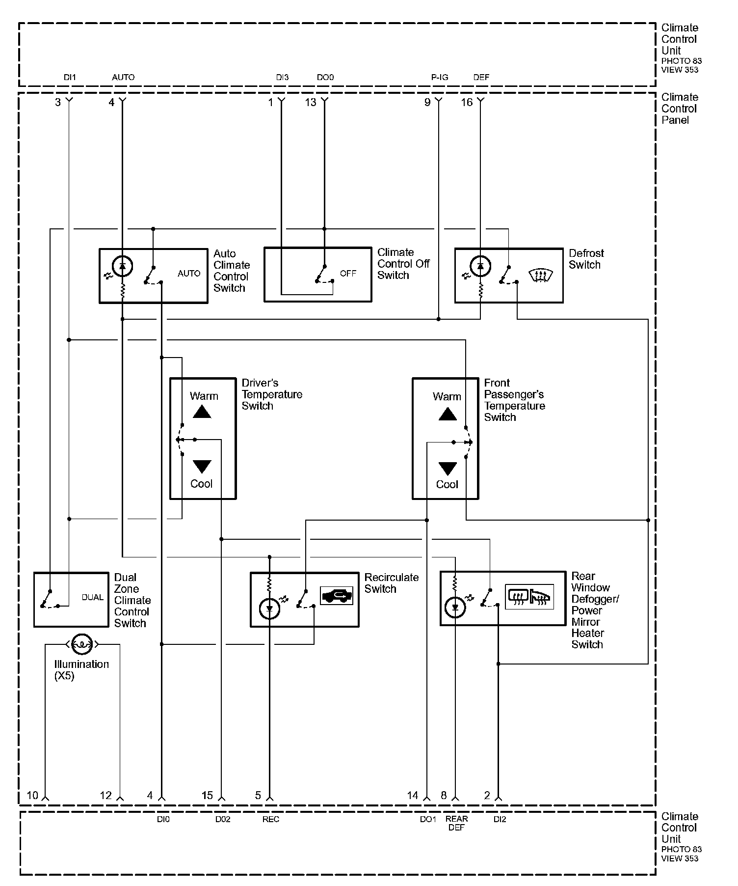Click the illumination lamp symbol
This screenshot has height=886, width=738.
81,644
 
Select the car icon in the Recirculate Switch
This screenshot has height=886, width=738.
337,596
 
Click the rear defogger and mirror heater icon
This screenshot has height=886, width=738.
529,597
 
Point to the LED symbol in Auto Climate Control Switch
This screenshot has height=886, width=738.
122,266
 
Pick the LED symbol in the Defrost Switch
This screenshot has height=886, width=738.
480,266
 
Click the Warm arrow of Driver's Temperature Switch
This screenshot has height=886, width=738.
202,412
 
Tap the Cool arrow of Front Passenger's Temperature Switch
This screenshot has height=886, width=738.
448,468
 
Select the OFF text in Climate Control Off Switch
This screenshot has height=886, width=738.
348,274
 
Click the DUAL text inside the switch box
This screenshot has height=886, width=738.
93,598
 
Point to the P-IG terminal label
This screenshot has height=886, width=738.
440,77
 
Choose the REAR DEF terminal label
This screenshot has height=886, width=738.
457,823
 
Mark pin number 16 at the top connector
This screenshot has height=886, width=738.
467,102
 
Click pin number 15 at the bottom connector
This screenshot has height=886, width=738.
208,796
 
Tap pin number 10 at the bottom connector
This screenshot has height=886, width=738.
32,796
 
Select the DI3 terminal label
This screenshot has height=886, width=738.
282,77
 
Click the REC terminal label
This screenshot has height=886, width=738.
271,819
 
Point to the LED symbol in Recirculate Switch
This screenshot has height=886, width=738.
269,609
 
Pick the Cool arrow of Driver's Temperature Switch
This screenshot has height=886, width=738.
202,466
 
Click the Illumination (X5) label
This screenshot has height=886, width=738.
81,670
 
